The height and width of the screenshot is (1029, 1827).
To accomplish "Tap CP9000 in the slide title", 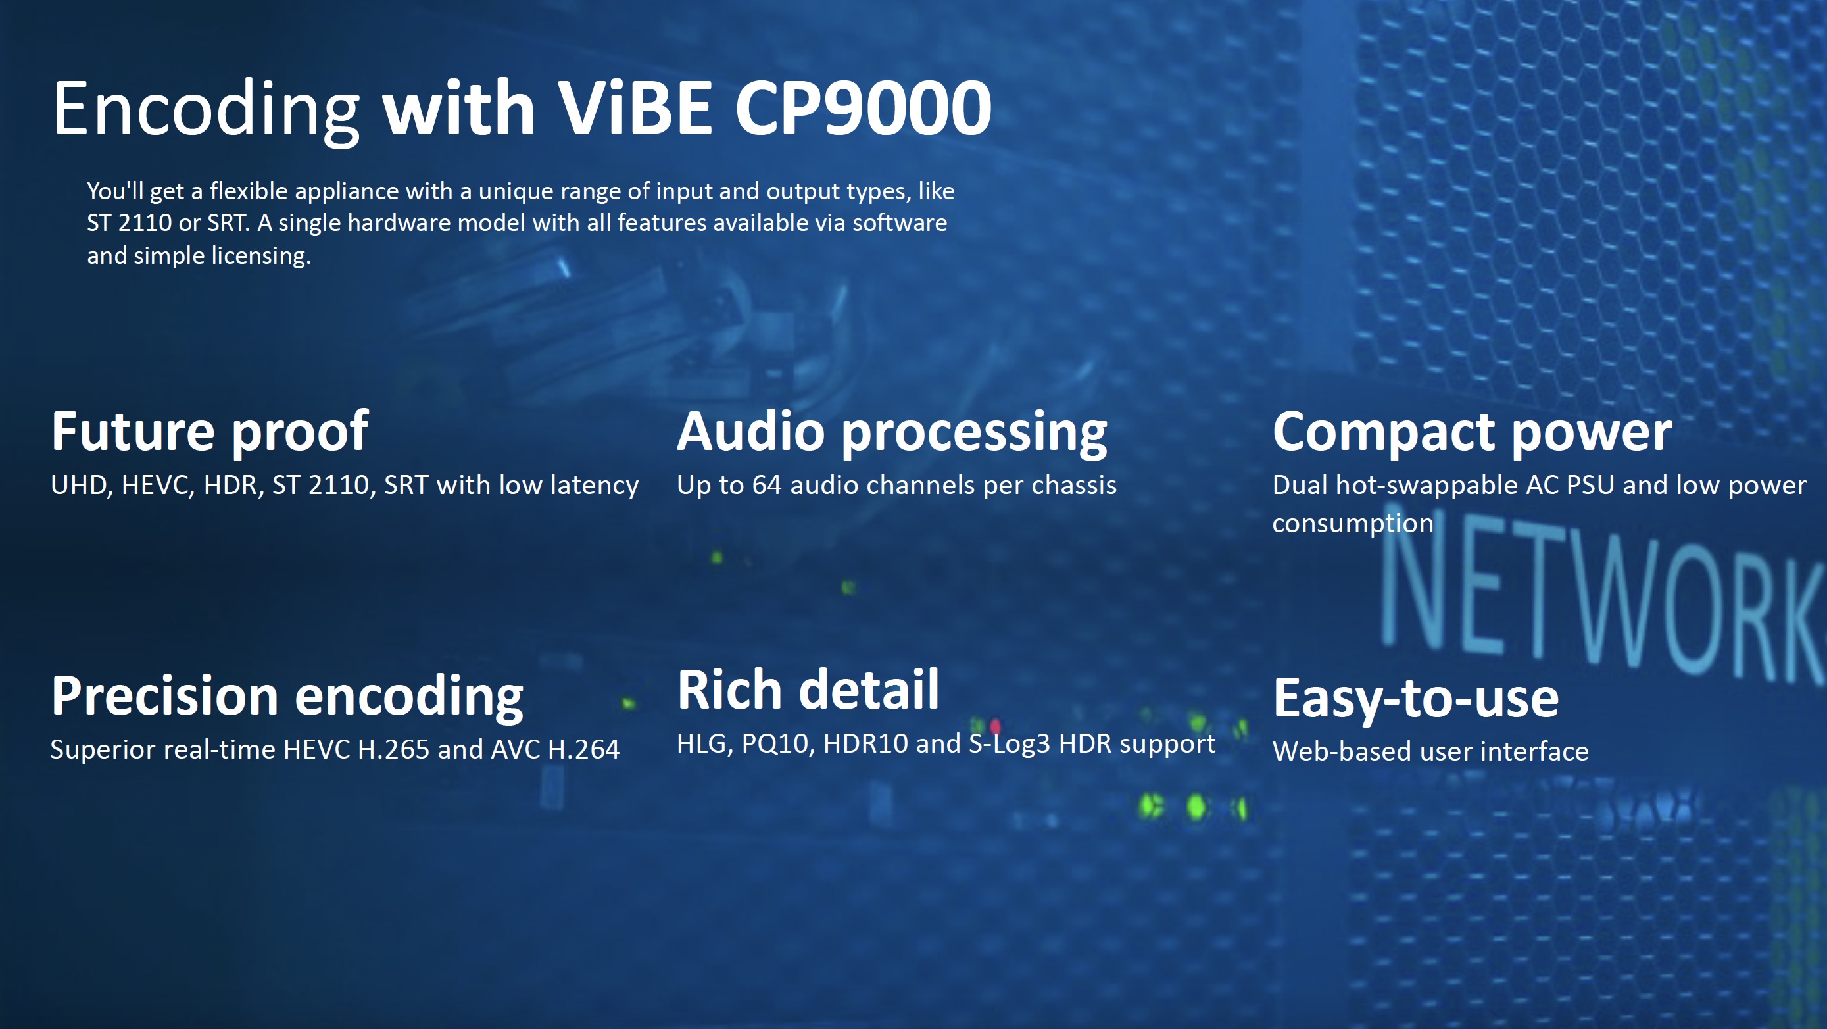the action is (863, 108).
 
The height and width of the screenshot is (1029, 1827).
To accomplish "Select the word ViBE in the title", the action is (634, 108).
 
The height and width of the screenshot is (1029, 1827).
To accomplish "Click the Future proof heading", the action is (209, 433).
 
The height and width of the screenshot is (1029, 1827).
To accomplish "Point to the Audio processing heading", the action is (892, 433).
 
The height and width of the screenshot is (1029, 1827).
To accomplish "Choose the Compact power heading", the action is (1473, 433).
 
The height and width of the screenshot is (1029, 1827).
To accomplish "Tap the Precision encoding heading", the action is (287, 697).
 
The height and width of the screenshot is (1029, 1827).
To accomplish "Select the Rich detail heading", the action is (808, 690).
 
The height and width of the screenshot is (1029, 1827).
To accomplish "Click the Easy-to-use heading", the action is (1416, 699).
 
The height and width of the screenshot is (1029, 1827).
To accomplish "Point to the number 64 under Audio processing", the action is (766, 486).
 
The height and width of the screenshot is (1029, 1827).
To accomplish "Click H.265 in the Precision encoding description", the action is (394, 750).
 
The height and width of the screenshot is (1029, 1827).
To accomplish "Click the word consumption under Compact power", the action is (1353, 524).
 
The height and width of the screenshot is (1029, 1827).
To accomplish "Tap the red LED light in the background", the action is (995, 726).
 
